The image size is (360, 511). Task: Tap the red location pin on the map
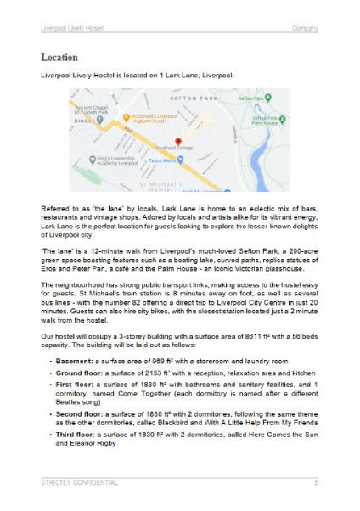(x=178, y=142)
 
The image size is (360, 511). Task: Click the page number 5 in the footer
(x=316, y=483)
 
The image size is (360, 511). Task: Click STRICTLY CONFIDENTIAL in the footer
(x=79, y=483)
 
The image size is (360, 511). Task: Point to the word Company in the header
(x=305, y=28)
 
